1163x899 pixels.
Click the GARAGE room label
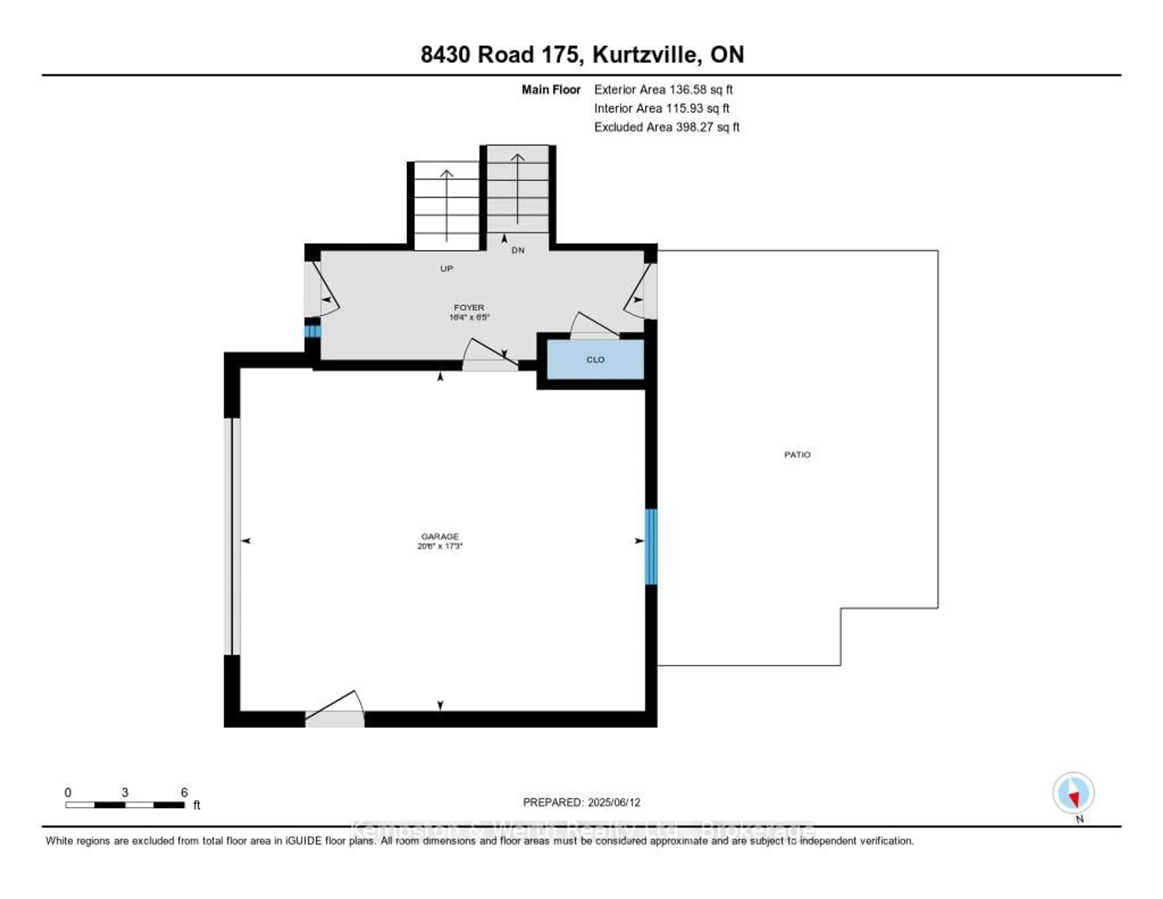439,536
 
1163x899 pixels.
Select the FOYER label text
469,307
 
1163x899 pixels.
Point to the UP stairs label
446,269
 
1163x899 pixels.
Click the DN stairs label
518,250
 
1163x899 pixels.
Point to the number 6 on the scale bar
184,792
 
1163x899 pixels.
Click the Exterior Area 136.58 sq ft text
663,89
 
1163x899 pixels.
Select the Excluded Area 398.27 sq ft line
666,127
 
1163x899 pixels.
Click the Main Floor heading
551,89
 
